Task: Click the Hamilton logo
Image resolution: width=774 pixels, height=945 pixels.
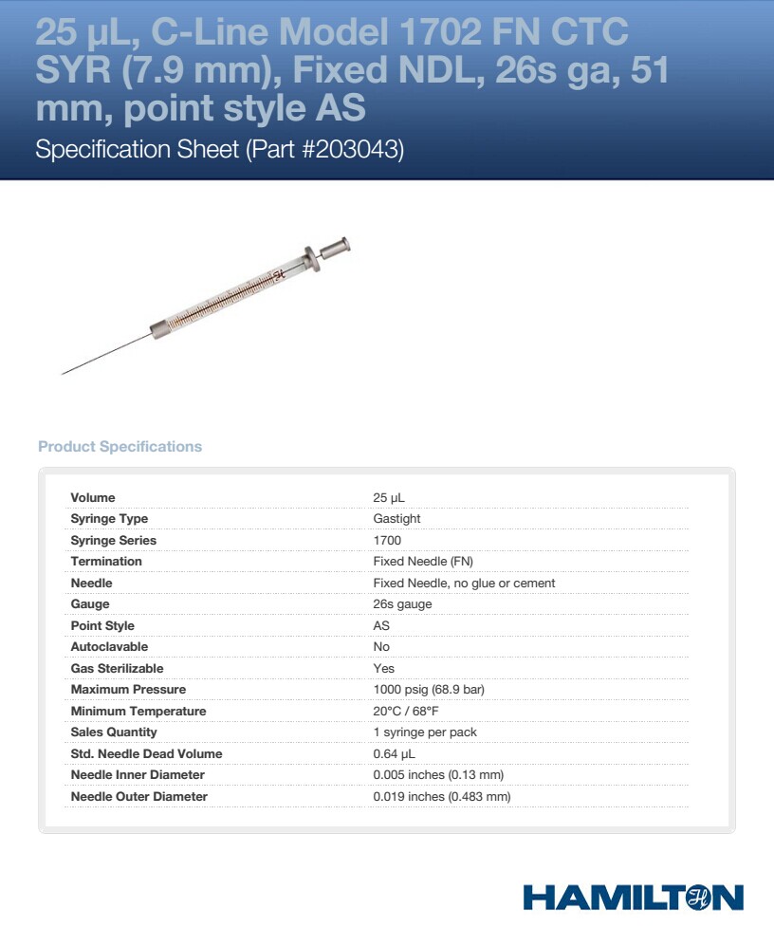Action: click(x=633, y=898)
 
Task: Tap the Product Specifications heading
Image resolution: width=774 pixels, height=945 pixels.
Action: click(x=120, y=447)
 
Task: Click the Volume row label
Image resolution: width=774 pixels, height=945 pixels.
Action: click(x=93, y=498)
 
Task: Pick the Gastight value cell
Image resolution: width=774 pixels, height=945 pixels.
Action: click(x=396, y=519)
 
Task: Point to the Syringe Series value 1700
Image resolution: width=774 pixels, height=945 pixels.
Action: click(x=387, y=541)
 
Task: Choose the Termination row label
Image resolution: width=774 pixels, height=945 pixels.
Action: click(x=106, y=562)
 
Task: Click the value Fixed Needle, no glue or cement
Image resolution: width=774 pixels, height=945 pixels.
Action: click(x=464, y=584)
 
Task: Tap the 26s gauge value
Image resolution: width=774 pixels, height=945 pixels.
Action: click(x=402, y=604)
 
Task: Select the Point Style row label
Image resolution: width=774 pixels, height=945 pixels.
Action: click(x=102, y=626)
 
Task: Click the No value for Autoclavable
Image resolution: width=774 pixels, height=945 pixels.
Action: click(x=381, y=647)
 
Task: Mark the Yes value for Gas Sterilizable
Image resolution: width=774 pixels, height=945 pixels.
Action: click(x=383, y=669)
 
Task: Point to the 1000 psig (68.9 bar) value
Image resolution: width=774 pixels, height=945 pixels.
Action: click(x=429, y=690)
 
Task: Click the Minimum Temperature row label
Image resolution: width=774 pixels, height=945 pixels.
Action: click(x=138, y=712)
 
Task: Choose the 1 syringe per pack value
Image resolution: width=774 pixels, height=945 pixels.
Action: click(x=425, y=732)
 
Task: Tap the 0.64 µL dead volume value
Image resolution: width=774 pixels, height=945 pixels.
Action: click(x=395, y=754)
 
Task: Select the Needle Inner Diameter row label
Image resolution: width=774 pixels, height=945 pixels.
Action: click(x=138, y=775)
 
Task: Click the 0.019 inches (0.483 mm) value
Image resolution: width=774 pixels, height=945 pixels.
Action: click(x=442, y=797)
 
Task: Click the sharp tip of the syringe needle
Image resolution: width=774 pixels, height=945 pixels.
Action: click(x=64, y=374)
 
